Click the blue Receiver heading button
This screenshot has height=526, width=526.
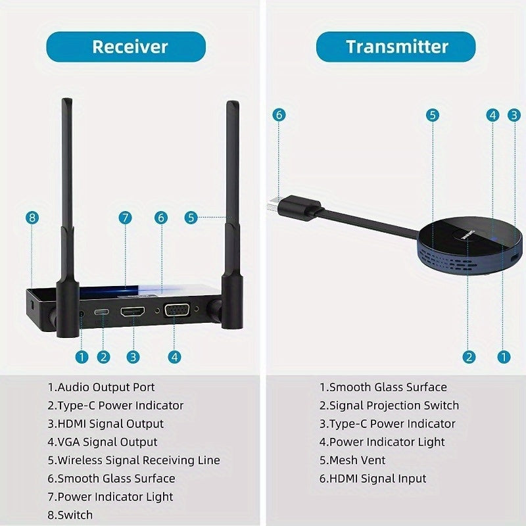130,47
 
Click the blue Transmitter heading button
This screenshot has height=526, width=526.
396,47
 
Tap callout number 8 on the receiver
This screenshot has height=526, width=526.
33,217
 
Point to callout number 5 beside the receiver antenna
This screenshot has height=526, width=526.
191,217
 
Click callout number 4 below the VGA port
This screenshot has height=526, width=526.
174,357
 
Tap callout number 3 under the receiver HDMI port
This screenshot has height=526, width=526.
133,357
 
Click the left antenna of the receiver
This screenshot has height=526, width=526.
67,217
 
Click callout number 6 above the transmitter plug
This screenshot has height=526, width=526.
279,114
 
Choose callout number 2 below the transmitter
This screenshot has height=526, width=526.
469,357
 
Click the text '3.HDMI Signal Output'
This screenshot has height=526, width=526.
105,424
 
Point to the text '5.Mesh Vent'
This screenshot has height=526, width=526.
352,460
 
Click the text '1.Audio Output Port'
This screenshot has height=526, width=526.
101,387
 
